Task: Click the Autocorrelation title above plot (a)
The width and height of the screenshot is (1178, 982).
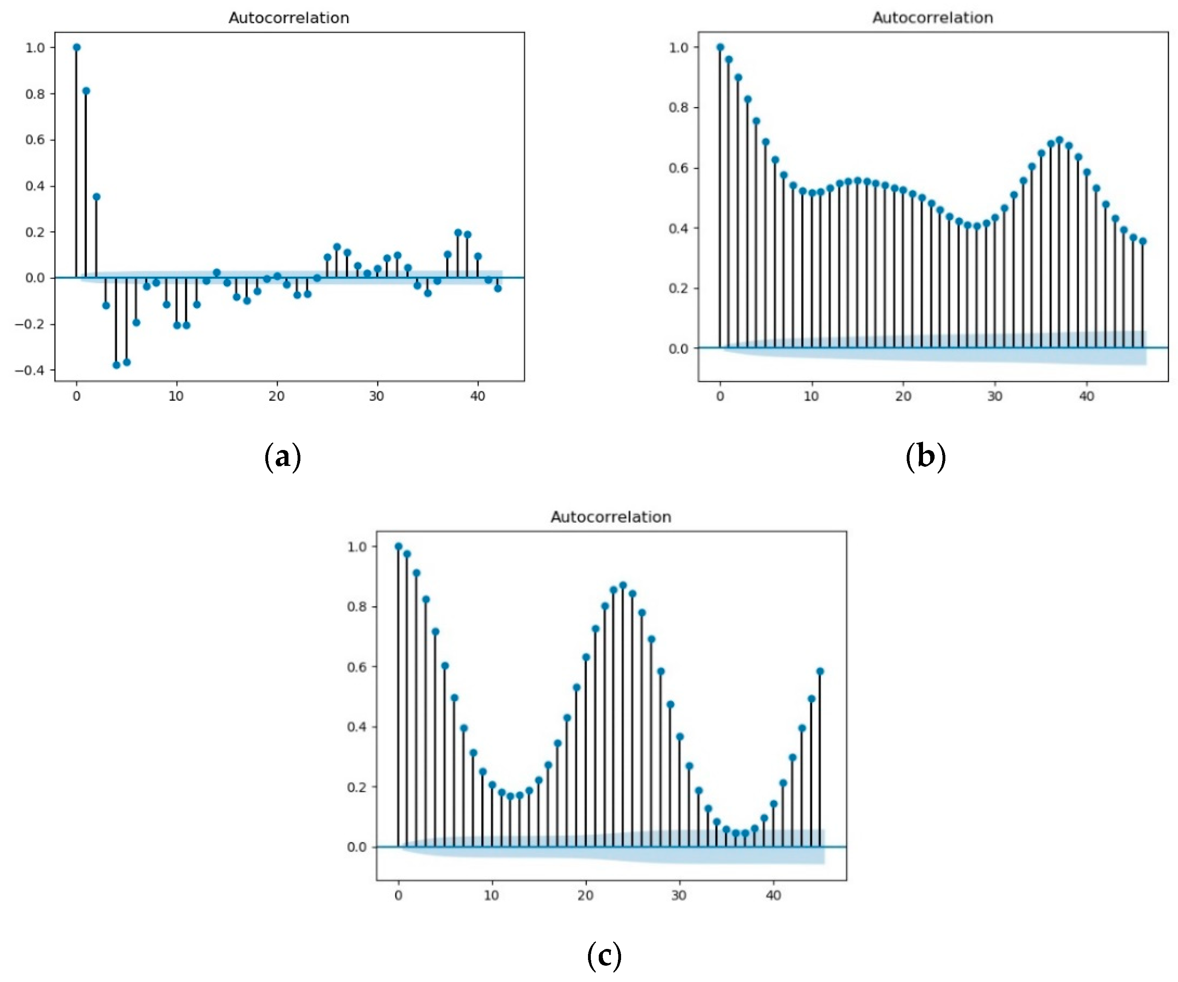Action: click(288, 18)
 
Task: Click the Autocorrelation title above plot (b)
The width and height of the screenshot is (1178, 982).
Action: click(932, 18)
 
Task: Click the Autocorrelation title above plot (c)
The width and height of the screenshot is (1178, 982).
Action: click(610, 516)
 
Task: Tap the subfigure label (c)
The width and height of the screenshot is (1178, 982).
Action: click(604, 955)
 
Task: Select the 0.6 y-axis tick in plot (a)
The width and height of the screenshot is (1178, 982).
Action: click(35, 140)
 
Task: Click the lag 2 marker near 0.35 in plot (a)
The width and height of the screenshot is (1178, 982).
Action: click(96, 197)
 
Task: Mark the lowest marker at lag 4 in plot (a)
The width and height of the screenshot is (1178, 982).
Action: click(116, 365)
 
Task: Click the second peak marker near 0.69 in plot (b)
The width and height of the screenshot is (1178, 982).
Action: click(1059, 140)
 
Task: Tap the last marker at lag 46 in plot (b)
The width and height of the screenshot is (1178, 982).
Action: click(1143, 242)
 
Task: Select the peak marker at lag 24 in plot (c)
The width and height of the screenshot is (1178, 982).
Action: click(623, 585)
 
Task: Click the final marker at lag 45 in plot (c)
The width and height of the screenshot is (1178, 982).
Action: click(820, 671)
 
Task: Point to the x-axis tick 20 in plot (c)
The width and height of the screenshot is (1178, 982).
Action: click(585, 895)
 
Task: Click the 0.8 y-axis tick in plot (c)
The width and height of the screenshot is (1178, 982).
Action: click(357, 606)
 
